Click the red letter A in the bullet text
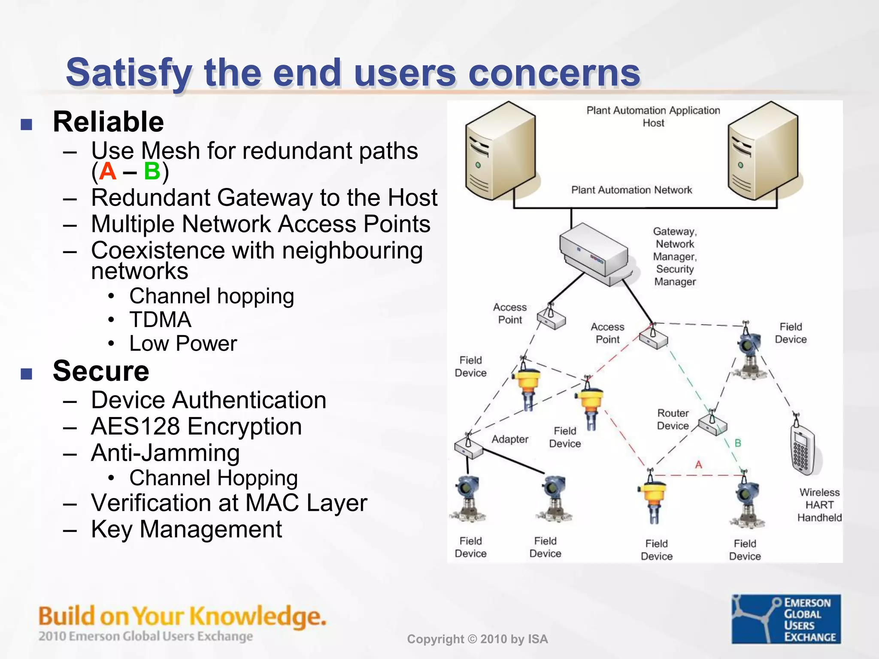pyautogui.click(x=107, y=171)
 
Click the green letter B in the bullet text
pyautogui.click(x=152, y=171)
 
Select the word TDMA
pyautogui.click(x=160, y=320)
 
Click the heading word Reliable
pyautogui.click(x=108, y=122)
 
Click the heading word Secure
pyautogui.click(x=101, y=371)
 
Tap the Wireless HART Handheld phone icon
pyautogui.click(x=802, y=448)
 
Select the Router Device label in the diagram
pyautogui.click(x=673, y=419)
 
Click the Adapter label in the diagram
pyautogui.click(x=510, y=439)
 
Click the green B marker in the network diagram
pyautogui.click(x=738, y=443)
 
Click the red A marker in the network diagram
pyautogui.click(x=699, y=465)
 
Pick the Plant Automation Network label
pyautogui.click(x=631, y=190)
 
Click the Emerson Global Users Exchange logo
pyautogui.click(x=786, y=619)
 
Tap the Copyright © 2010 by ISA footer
pyautogui.click(x=477, y=639)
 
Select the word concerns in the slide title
pyautogui.click(x=554, y=73)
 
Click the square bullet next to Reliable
pyautogui.click(x=27, y=124)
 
